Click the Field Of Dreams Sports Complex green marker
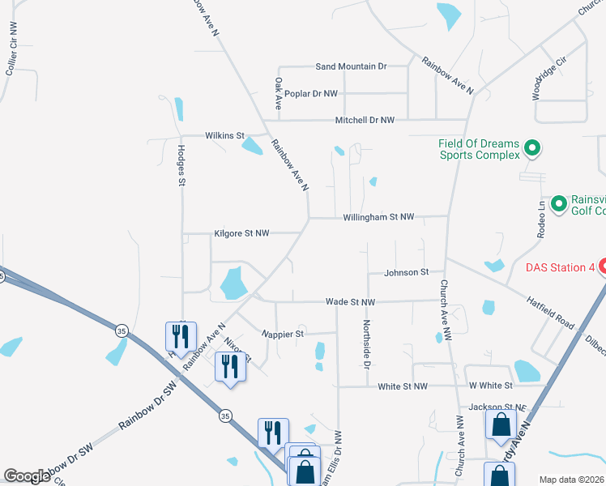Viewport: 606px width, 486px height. [x=532, y=148]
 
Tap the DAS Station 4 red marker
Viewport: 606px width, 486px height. [x=602, y=267]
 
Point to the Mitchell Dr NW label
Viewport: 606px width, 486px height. [x=365, y=120]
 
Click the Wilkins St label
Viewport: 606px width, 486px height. [x=224, y=135]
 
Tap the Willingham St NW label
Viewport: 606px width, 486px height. [x=378, y=217]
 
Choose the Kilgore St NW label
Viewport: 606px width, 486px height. [x=241, y=233]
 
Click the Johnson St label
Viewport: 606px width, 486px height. [x=406, y=273]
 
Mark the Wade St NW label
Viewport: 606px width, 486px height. [x=350, y=301]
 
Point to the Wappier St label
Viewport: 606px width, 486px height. [x=283, y=333]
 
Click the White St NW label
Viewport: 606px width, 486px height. [x=402, y=386]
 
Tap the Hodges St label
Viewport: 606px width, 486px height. [x=181, y=166]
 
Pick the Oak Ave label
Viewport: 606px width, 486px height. [x=278, y=94]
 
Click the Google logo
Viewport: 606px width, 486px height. [x=27, y=476]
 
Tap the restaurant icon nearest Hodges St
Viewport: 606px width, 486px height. [x=180, y=335]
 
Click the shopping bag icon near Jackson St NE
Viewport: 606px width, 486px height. [x=501, y=424]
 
